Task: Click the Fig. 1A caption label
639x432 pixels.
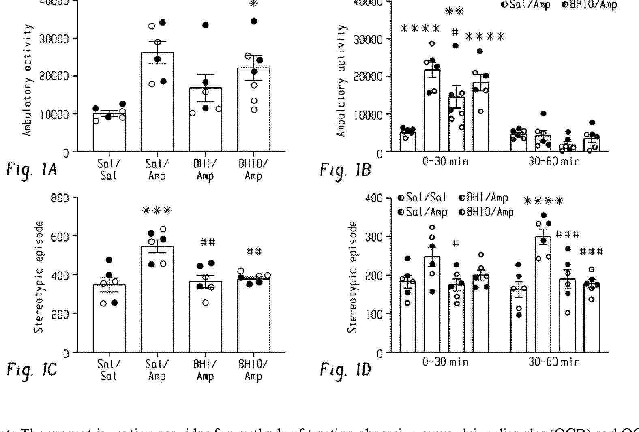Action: pos(31,169)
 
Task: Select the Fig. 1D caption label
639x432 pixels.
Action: pos(345,370)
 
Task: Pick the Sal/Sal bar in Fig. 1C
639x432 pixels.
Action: pos(109,319)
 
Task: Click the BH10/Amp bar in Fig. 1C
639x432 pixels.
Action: pos(254,315)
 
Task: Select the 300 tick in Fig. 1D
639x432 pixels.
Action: pos(374,237)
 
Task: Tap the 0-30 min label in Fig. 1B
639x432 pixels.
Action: pos(445,161)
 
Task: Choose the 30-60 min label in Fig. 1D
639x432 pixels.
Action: pos(554,361)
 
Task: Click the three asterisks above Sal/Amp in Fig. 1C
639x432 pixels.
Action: pos(157,211)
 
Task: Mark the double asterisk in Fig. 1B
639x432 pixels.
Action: pos(455,11)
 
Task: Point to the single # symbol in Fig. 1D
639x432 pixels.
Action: pos(456,243)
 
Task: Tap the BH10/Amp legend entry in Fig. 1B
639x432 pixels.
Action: pos(590,5)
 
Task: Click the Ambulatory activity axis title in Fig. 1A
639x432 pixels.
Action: pos(28,80)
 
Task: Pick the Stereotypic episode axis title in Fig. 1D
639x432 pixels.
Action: pos(353,277)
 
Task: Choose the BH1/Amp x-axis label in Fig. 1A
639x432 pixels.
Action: pos(205,170)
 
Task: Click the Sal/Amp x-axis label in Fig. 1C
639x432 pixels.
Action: pos(157,370)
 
